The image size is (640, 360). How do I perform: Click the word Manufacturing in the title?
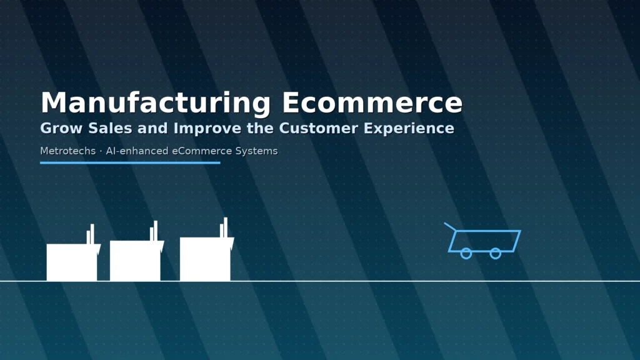tap(155, 103)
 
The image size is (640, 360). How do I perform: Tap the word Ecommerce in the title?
tap(372, 103)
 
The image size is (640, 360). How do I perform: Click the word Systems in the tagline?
tap(256, 151)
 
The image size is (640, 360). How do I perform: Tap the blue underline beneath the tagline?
tap(130, 162)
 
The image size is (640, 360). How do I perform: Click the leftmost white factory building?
tap(72, 262)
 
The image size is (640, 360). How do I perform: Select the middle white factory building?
tap(135, 261)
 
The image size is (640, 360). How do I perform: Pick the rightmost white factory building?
tap(205, 259)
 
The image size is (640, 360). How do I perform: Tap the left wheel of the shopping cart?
tap(466, 253)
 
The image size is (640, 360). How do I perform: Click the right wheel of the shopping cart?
tap(495, 253)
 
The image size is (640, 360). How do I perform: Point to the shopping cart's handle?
tap(450, 226)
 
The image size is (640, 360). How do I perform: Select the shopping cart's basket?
tap(485, 240)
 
